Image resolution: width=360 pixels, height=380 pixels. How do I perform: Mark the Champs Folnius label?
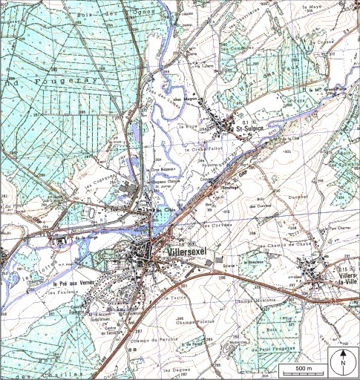[x=194, y=324]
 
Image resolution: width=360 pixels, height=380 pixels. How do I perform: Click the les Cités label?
[x=165, y=210]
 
